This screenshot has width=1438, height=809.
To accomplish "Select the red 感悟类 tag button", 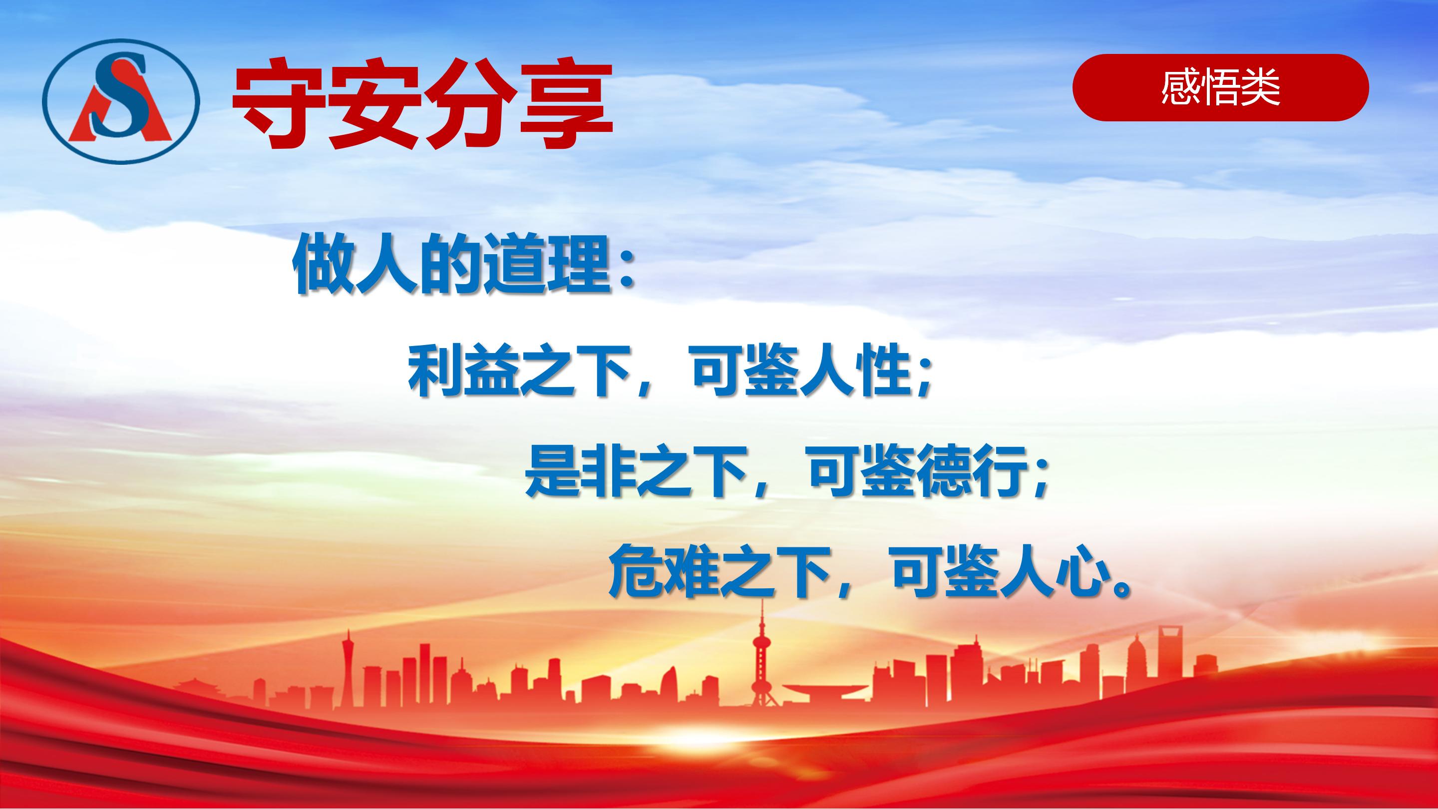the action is click(x=1220, y=88).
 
